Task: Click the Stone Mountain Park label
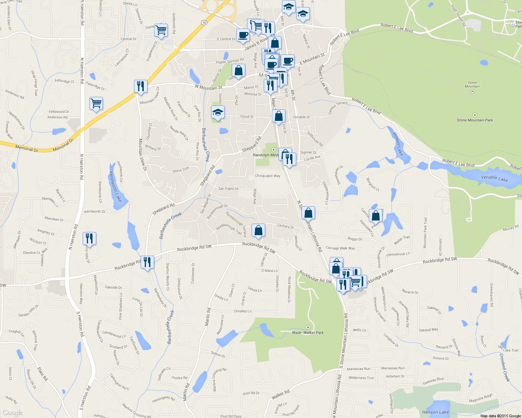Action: [475, 120]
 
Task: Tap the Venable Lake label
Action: [494, 178]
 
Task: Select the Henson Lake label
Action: [435, 412]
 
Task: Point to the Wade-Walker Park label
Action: [308, 333]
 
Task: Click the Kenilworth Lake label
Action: [115, 186]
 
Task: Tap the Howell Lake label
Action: [398, 144]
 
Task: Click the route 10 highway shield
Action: [204, 22]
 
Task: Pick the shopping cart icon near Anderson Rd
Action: [96, 103]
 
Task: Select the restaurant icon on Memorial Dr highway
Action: [141, 86]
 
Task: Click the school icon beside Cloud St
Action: [218, 112]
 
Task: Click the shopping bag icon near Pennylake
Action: [376, 216]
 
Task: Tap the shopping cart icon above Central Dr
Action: [161, 30]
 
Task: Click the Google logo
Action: [13, 413]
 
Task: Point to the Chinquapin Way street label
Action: [268, 176]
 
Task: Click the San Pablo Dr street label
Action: [229, 189]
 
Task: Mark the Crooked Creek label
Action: [505, 367]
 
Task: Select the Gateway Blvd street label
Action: [433, 381]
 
